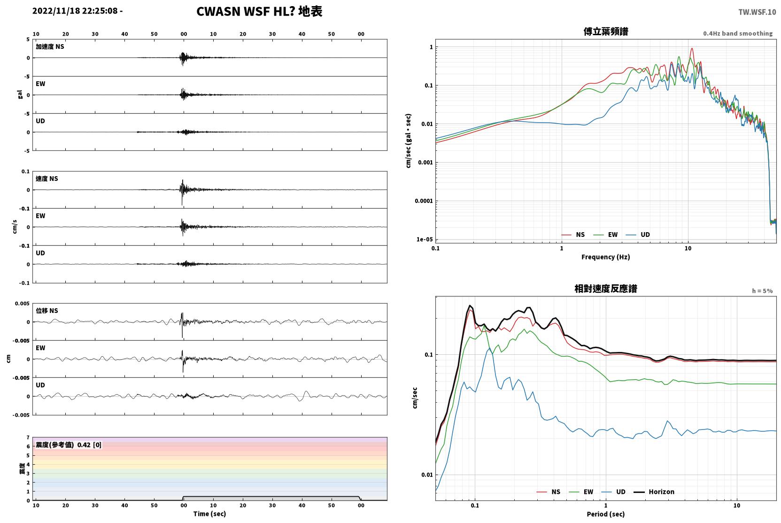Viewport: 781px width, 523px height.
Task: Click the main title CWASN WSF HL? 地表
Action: [x=259, y=11]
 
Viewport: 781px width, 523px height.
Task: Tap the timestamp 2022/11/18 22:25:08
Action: [x=75, y=11]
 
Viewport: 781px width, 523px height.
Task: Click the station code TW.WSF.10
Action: [x=757, y=12]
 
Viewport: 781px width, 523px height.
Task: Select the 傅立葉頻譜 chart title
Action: [x=606, y=31]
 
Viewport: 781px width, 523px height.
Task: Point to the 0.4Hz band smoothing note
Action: [x=738, y=33]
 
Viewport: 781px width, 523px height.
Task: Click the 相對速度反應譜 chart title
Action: [x=606, y=289]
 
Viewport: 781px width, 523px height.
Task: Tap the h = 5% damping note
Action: [x=762, y=290]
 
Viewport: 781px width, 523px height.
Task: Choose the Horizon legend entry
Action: [x=654, y=492]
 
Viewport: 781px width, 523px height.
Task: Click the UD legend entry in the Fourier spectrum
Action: [x=638, y=234]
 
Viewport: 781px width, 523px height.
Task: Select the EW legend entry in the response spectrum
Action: [x=581, y=492]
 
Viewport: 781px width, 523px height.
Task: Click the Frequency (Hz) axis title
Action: [x=606, y=257]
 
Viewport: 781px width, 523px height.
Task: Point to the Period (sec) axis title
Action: [x=606, y=514]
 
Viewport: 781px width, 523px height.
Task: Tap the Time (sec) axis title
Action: [x=209, y=514]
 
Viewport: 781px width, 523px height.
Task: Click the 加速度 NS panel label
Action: [x=50, y=47]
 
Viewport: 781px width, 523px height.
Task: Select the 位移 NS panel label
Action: [x=46, y=311]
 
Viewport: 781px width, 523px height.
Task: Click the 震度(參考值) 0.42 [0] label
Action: [x=69, y=445]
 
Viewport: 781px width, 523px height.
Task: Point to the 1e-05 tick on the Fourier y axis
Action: [x=425, y=239]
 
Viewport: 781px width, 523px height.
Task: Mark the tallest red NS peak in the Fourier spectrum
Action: [x=692, y=48]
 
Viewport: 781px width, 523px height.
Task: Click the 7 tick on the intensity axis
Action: [x=28, y=437]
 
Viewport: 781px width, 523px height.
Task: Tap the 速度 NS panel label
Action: [x=46, y=179]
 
